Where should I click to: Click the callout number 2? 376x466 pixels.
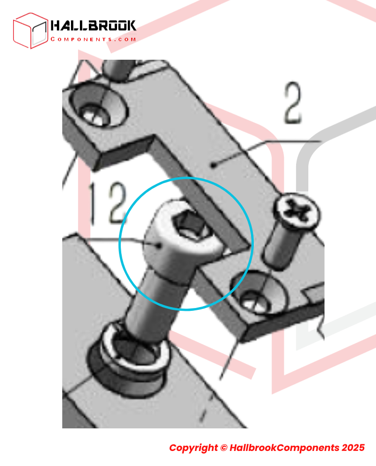click(293, 103)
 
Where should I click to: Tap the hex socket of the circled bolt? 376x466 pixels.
click(189, 225)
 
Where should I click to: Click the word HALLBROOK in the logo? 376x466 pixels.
click(93, 26)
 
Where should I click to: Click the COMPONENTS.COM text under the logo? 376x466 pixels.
click(93, 39)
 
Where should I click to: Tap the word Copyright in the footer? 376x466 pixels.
click(193, 448)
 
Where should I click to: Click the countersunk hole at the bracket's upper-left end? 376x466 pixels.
click(99, 105)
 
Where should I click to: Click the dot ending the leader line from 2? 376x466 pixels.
click(213, 165)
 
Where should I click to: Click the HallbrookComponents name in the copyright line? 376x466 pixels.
click(284, 448)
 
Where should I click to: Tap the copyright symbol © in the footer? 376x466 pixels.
click(224, 448)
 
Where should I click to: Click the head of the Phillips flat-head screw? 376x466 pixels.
click(297, 212)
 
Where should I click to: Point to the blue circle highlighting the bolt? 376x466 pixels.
click(119, 244)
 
